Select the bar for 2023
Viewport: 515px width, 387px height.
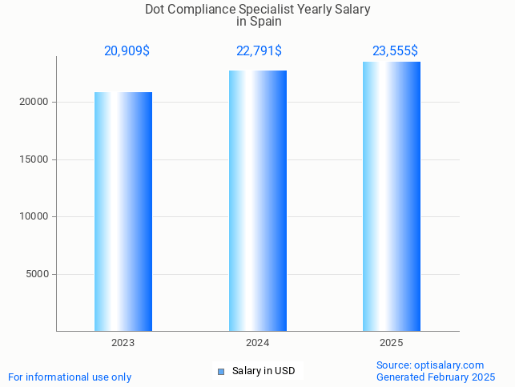coord(123,212)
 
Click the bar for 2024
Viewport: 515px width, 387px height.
coord(257,200)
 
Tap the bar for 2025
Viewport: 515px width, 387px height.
coord(392,196)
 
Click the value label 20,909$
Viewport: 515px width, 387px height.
coord(127,51)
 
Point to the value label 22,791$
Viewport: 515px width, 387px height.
coord(259,51)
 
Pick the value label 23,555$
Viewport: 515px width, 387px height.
coord(395,51)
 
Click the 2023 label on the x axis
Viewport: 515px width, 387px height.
coord(123,343)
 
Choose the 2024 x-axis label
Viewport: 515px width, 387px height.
coord(257,343)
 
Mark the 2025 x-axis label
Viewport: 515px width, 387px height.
coord(392,343)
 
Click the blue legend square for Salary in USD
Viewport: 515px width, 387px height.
coord(221,372)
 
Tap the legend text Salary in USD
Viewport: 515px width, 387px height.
coord(264,371)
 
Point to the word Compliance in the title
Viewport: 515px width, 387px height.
coord(203,10)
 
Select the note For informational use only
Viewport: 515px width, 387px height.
coord(70,377)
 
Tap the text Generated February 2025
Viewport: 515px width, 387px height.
coord(436,377)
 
